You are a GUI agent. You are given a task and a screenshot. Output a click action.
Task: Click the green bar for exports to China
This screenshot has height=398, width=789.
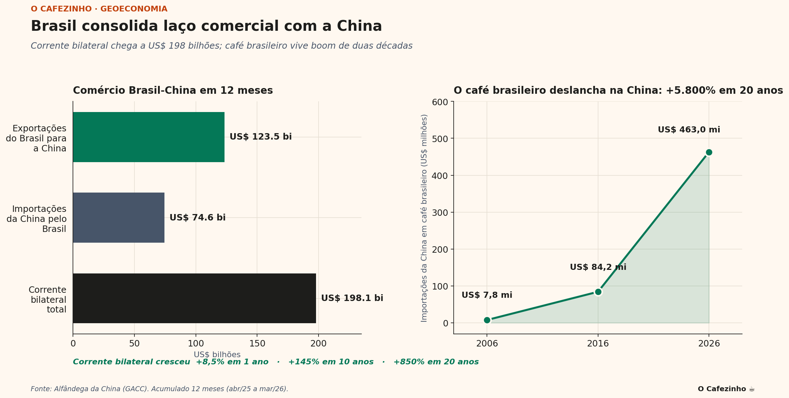[149, 137]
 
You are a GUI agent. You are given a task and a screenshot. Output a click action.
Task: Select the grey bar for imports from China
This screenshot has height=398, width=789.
[119, 218]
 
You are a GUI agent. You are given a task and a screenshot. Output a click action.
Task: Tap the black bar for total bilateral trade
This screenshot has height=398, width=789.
[194, 298]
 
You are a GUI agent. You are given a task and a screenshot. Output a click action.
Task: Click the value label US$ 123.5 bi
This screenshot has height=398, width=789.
[261, 137]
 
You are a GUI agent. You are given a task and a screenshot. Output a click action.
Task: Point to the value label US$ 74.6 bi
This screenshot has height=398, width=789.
[197, 218]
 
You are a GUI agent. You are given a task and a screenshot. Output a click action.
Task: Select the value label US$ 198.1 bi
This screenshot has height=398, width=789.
[352, 298]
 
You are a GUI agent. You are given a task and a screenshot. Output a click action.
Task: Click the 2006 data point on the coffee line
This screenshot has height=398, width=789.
[487, 320]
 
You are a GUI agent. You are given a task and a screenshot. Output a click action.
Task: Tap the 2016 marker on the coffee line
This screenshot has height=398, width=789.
[598, 292]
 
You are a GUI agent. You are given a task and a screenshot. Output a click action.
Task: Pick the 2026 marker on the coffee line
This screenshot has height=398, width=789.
[709, 152]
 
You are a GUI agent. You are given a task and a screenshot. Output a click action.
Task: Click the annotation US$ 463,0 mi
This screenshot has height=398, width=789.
[689, 130]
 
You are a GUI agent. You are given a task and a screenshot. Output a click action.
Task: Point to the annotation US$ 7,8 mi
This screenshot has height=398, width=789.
[487, 295]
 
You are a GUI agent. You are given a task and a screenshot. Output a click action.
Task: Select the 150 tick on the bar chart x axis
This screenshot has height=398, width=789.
[257, 344]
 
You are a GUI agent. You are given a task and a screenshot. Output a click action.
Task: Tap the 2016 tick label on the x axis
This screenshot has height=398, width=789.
[598, 344]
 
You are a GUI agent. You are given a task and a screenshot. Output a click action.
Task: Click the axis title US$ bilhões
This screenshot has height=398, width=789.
[217, 355]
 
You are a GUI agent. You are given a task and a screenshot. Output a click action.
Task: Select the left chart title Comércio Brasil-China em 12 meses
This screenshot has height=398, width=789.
[173, 91]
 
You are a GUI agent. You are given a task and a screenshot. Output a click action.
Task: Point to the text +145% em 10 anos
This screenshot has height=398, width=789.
[331, 362]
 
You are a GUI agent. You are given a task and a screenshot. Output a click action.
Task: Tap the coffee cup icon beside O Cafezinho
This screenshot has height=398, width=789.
[752, 389]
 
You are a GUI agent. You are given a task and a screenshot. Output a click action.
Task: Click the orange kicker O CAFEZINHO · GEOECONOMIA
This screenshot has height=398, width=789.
[99, 9]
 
